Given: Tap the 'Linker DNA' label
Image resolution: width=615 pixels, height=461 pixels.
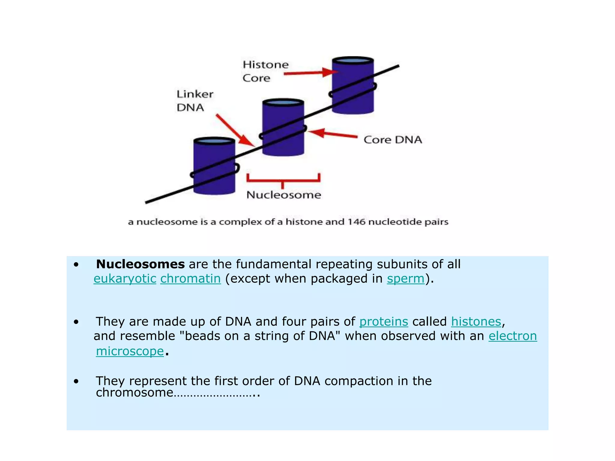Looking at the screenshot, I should point(195,101).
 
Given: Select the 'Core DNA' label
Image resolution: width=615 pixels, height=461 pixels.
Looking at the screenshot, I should point(392,140).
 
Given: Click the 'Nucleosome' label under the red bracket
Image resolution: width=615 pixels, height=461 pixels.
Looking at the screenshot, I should point(284,195).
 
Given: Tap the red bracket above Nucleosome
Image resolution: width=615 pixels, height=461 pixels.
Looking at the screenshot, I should point(283,179).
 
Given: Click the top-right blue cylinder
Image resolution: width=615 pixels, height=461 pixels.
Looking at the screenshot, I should point(353,86).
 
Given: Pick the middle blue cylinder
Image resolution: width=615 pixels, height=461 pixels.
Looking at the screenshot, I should point(283,128).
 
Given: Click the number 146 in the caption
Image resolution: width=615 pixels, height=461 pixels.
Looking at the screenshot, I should point(356,222).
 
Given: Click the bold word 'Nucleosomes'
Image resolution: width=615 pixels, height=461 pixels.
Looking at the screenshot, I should point(140,264).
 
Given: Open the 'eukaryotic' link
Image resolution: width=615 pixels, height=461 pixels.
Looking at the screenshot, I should point(125,279).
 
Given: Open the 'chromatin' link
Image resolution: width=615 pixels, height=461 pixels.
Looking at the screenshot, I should point(190,279).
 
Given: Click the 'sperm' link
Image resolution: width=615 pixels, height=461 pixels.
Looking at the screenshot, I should point(405,279).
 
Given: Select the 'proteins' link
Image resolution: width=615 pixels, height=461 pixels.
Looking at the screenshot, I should point(383,322).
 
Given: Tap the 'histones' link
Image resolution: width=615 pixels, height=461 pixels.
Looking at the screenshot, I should point(476,322).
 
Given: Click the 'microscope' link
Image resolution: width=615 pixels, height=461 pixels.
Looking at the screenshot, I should point(130,351).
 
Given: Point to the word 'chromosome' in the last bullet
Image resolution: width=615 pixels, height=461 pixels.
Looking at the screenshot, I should point(135,393).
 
